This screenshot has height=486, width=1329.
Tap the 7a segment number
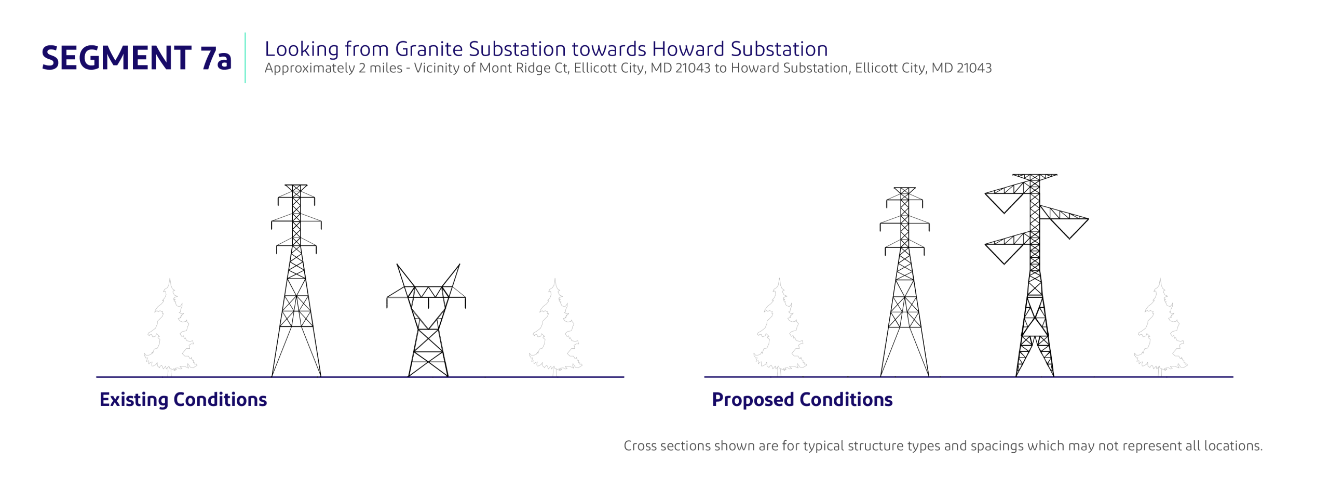pos(216,58)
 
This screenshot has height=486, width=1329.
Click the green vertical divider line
pos(245,58)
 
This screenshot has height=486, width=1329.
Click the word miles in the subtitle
pos(386,68)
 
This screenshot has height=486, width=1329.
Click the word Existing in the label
pos(133,399)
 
